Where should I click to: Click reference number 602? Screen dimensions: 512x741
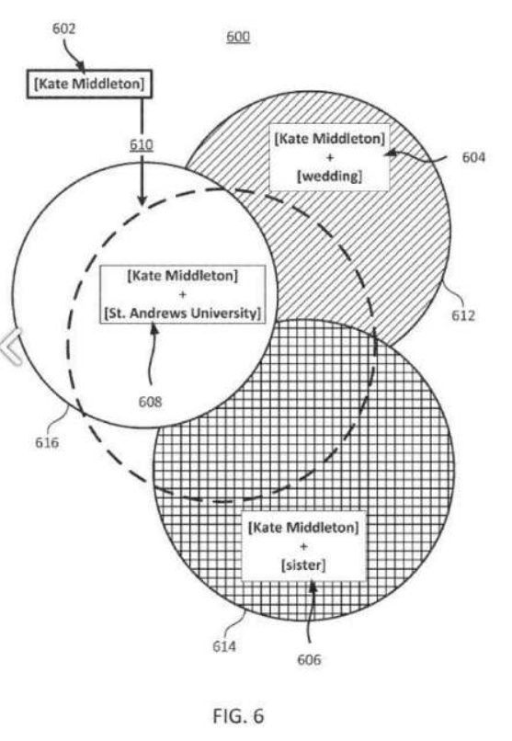click(x=63, y=28)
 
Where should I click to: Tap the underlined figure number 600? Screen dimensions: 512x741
click(x=238, y=37)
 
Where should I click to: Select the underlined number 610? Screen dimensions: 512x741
click(x=142, y=144)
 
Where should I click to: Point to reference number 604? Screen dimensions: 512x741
click(x=473, y=157)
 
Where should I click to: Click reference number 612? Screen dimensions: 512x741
click(x=463, y=315)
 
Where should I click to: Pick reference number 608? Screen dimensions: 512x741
click(x=150, y=402)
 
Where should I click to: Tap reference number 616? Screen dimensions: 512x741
click(x=47, y=443)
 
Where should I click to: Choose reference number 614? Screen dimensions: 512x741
click(x=224, y=646)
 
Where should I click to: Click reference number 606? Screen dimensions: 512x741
click(x=309, y=659)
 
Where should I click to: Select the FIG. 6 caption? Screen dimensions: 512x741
click(x=238, y=715)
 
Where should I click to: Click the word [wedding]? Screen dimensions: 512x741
click(x=329, y=177)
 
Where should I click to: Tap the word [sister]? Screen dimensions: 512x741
click(x=303, y=564)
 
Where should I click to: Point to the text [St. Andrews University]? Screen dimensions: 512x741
click(x=182, y=313)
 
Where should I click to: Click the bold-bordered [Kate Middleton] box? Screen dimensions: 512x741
click(x=89, y=84)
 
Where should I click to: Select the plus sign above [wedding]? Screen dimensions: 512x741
click(x=329, y=157)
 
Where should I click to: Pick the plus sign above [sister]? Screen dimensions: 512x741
click(x=303, y=546)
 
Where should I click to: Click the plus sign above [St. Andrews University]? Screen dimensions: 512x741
click(x=182, y=294)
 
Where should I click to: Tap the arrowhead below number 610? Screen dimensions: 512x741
click(x=142, y=199)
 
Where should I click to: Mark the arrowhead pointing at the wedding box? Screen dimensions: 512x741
click(x=390, y=154)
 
